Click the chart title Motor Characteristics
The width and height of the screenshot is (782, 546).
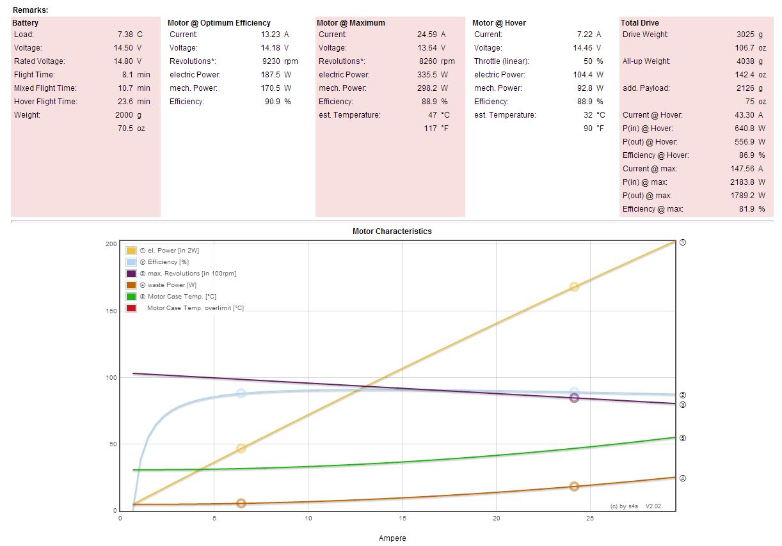click(392, 231)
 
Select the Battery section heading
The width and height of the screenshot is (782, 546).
click(26, 23)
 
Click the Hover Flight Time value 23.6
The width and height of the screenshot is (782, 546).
click(124, 102)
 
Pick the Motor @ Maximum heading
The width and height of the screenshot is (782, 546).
click(351, 23)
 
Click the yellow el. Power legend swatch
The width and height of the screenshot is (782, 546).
click(131, 251)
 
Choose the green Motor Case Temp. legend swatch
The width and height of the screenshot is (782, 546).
click(131, 297)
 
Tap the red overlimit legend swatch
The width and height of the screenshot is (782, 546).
click(131, 308)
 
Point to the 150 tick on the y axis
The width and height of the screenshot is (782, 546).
click(110, 311)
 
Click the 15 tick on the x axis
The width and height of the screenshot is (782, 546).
click(402, 519)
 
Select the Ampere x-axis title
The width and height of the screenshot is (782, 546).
click(392, 538)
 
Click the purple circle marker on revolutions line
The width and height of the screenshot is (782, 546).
click(574, 398)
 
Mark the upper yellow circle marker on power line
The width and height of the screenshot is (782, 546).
click(574, 287)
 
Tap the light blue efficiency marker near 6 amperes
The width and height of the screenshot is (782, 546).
click(241, 393)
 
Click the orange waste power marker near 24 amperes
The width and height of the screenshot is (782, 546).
click(574, 487)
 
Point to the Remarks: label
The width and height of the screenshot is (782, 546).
click(30, 10)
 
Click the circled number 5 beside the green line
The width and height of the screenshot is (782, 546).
click(683, 438)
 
